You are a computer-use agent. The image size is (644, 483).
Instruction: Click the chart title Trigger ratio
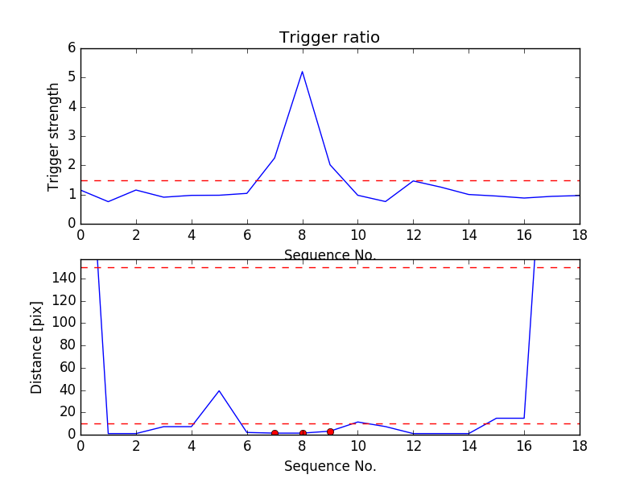329,38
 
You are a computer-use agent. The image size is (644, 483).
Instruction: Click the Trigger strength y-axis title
54,136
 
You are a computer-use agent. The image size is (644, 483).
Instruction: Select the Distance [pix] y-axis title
37,348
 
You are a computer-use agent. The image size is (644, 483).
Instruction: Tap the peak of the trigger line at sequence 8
302,72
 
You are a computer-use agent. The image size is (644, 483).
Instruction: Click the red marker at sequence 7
275,433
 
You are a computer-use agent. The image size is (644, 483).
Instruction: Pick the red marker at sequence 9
330,431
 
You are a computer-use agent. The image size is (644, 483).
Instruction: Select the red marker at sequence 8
303,433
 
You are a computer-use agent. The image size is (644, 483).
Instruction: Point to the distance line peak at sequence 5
219,390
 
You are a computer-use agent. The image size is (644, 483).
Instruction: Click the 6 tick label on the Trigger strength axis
72,48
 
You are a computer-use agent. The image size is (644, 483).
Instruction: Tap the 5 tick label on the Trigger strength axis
72,77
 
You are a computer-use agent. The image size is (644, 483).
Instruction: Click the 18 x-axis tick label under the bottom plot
579,446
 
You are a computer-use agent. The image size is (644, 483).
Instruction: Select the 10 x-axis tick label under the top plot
357,235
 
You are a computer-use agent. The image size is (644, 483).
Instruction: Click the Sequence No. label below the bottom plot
330,466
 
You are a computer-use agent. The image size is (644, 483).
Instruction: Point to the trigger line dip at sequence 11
386,201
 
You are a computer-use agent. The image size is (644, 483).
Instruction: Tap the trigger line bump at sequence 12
413,180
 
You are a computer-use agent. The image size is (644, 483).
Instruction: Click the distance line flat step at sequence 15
497,418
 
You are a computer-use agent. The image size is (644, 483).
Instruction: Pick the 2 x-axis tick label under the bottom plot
136,446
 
